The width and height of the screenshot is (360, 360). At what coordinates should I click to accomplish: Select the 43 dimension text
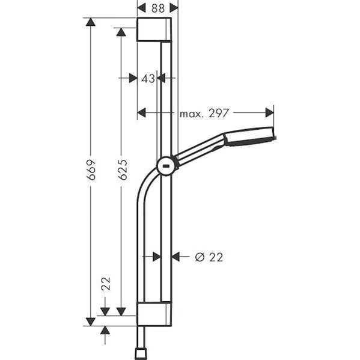(x=148, y=78)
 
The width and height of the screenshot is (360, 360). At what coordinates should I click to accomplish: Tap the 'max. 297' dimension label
(x=204, y=112)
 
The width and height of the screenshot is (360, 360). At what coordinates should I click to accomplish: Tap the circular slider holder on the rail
(x=166, y=166)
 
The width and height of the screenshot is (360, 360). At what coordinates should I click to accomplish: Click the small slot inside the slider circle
(x=166, y=167)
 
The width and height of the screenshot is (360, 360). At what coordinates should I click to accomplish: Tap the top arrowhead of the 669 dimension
(x=91, y=22)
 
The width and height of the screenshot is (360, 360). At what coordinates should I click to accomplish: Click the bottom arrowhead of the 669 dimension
(x=91, y=321)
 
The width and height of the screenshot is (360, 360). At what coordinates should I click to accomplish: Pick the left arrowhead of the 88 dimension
(x=141, y=7)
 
